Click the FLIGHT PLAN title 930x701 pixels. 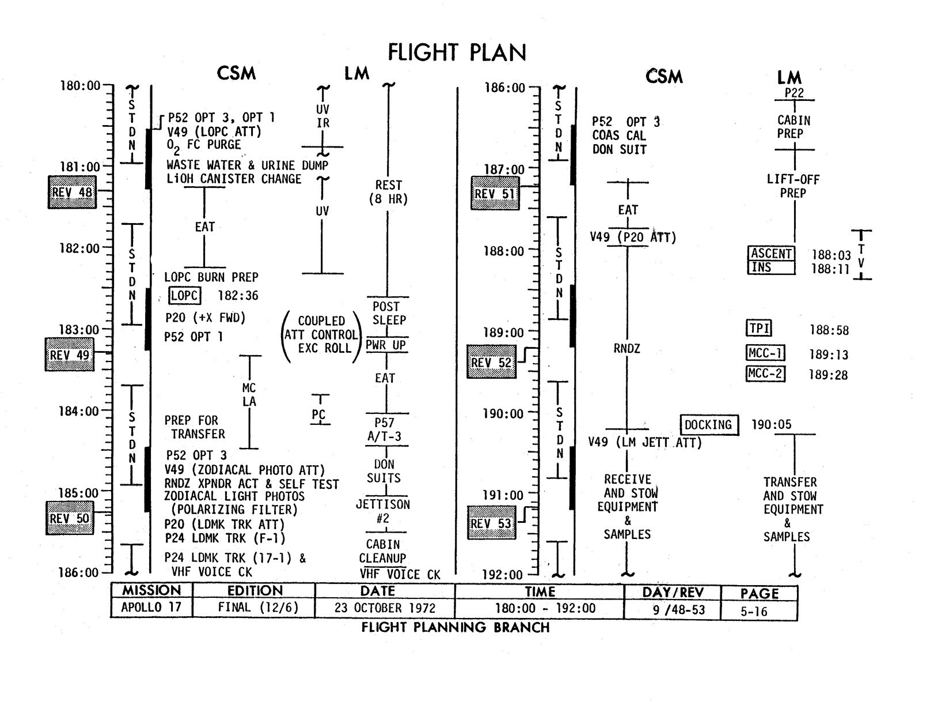(457, 52)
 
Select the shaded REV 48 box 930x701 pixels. (72, 192)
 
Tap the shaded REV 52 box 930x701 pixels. (491, 362)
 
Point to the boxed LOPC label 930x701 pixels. (184, 296)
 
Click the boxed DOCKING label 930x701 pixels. (708, 425)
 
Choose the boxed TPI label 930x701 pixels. (759, 329)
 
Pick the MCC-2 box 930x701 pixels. (765, 374)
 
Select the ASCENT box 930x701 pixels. (771, 254)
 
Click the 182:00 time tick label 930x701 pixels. (79, 248)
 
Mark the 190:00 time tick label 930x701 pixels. (503, 414)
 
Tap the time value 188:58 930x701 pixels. (829, 330)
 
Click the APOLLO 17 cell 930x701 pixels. (151, 608)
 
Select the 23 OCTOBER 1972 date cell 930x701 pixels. (385, 608)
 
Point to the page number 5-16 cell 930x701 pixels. (754, 611)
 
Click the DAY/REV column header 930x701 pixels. (673, 593)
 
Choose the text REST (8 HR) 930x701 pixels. (388, 193)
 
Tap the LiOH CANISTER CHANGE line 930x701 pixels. (234, 179)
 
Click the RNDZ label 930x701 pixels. (627, 349)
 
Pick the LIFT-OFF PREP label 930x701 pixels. (793, 186)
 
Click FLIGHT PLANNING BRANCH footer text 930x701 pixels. (455, 627)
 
